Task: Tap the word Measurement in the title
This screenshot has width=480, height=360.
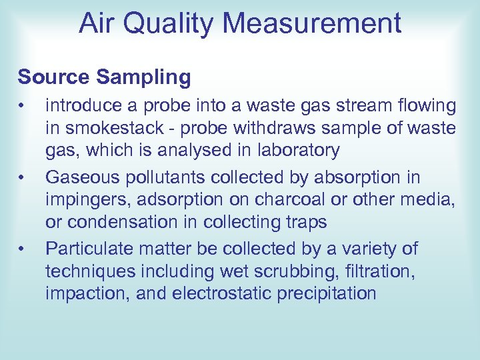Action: [313, 23]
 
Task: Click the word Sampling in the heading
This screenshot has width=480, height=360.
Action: [145, 77]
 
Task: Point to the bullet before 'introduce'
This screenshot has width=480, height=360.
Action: [22, 106]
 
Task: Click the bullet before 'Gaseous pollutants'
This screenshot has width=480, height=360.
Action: [22, 177]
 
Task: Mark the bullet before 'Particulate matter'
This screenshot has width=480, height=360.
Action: [22, 249]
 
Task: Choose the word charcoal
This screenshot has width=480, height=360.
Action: [314, 200]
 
